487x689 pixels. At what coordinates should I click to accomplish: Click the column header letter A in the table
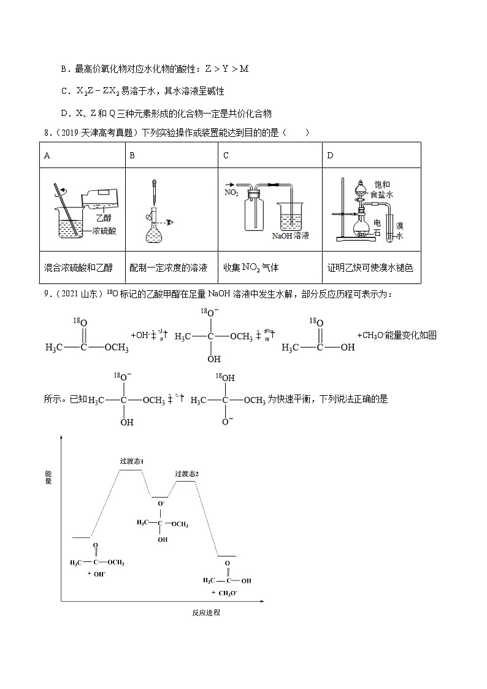point(47,155)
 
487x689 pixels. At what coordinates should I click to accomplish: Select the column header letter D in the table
point(330,155)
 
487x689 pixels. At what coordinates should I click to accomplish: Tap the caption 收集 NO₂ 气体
point(253,268)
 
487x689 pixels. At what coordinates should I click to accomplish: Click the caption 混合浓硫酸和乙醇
point(79,268)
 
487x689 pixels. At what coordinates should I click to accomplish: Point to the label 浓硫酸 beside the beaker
point(104,231)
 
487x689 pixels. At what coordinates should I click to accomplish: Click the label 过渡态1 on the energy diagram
point(131,461)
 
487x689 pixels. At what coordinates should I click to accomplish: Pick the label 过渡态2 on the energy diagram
point(186,473)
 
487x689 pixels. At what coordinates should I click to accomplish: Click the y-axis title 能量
point(48,477)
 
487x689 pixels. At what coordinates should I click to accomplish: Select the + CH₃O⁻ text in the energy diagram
point(224,593)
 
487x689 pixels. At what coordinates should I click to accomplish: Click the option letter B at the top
point(63,69)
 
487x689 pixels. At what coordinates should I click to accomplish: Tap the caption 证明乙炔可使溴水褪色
point(370,268)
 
